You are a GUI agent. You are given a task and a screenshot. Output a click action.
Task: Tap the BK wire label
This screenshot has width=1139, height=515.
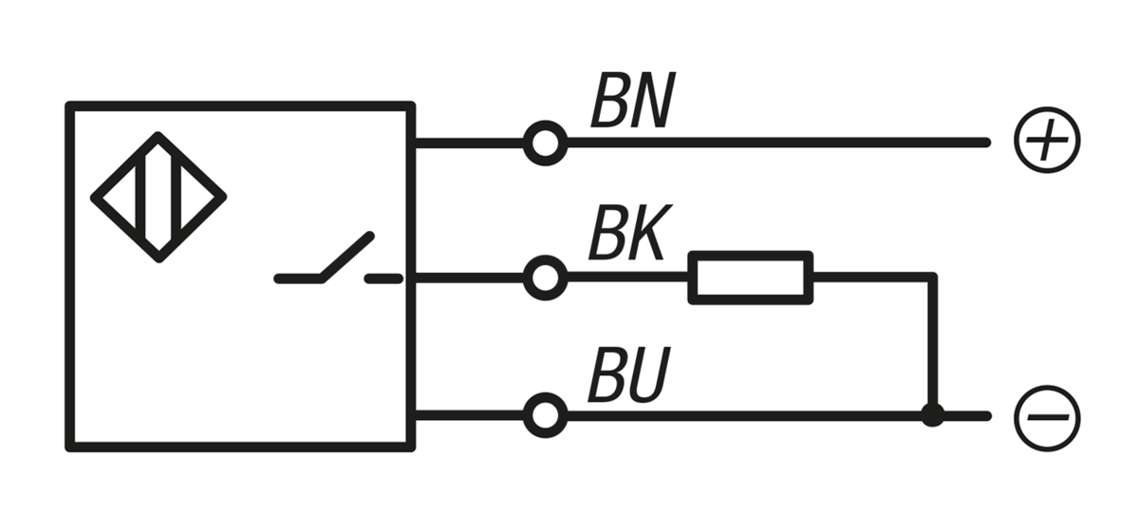(x=626, y=235)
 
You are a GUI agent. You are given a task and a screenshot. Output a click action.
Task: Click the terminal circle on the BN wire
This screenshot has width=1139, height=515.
(x=545, y=143)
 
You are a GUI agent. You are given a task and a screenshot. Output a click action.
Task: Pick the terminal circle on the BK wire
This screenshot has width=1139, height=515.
(x=545, y=278)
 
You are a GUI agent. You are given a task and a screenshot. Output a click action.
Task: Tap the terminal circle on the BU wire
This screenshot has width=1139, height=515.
(x=545, y=415)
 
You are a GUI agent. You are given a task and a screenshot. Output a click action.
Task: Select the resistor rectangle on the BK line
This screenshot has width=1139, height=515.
(x=751, y=277)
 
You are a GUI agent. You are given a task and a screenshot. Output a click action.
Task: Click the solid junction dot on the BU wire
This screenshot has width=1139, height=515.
(x=933, y=415)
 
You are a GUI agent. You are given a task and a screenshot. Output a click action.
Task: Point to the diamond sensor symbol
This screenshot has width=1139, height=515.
(x=159, y=197)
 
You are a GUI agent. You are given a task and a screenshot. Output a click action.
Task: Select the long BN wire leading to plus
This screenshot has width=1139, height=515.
(x=778, y=143)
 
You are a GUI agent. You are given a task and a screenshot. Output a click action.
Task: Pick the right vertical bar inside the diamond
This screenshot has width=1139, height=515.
(x=177, y=197)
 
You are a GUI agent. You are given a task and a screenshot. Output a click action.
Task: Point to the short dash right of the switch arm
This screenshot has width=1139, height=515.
(x=384, y=278)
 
